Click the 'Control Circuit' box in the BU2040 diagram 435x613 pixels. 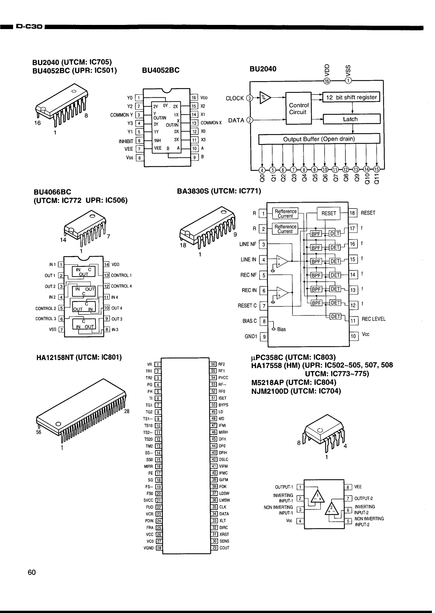(299, 108)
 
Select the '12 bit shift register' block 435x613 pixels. (351, 97)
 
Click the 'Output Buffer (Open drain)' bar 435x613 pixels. (319, 139)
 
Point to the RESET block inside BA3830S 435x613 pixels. (328, 213)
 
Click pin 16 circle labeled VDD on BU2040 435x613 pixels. (327, 81)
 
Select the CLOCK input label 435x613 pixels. (235, 98)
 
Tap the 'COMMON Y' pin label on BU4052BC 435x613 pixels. (121, 115)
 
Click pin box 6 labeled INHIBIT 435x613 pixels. (140, 141)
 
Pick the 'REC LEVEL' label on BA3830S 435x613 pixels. (373, 319)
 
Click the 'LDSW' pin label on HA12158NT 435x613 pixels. (224, 493)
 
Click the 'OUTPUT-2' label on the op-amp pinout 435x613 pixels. (363, 499)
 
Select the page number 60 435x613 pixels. (31, 573)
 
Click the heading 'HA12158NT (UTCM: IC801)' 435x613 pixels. (79, 357)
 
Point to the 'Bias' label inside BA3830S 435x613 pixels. (281, 329)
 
